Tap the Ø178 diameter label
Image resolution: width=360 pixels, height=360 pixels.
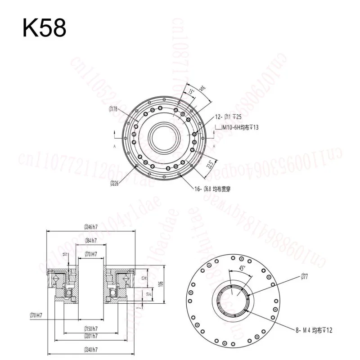coord(113,108)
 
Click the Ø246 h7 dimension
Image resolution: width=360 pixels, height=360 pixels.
coord(91,227)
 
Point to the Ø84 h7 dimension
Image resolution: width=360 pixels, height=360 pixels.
coord(92,240)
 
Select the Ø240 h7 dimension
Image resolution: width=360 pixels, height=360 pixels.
coord(91,352)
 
